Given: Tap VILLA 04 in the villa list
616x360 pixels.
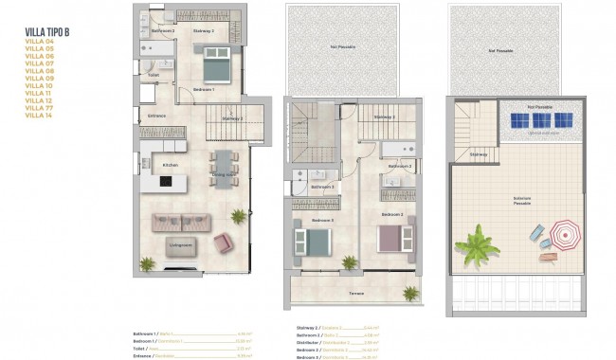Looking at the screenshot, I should pyautogui.click(x=41, y=42).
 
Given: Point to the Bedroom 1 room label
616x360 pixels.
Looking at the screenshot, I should pyautogui.click(x=203, y=89).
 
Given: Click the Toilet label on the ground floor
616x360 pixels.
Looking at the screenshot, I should pyautogui.click(x=153, y=74).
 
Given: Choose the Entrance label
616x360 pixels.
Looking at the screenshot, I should pyautogui.click(x=156, y=117).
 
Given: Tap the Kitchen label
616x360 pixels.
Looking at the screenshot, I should pyautogui.click(x=170, y=165).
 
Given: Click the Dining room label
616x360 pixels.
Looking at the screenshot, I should pyautogui.click(x=224, y=174).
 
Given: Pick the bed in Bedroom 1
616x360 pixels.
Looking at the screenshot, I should pyautogui.click(x=216, y=68).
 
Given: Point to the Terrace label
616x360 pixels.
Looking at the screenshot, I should pyautogui.click(x=355, y=294).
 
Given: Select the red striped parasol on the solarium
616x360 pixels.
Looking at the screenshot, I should pyautogui.click(x=565, y=232).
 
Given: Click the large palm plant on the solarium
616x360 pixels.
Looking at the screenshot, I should pyautogui.click(x=476, y=246).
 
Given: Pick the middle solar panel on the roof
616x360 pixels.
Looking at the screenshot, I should pyautogui.click(x=541, y=121).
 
